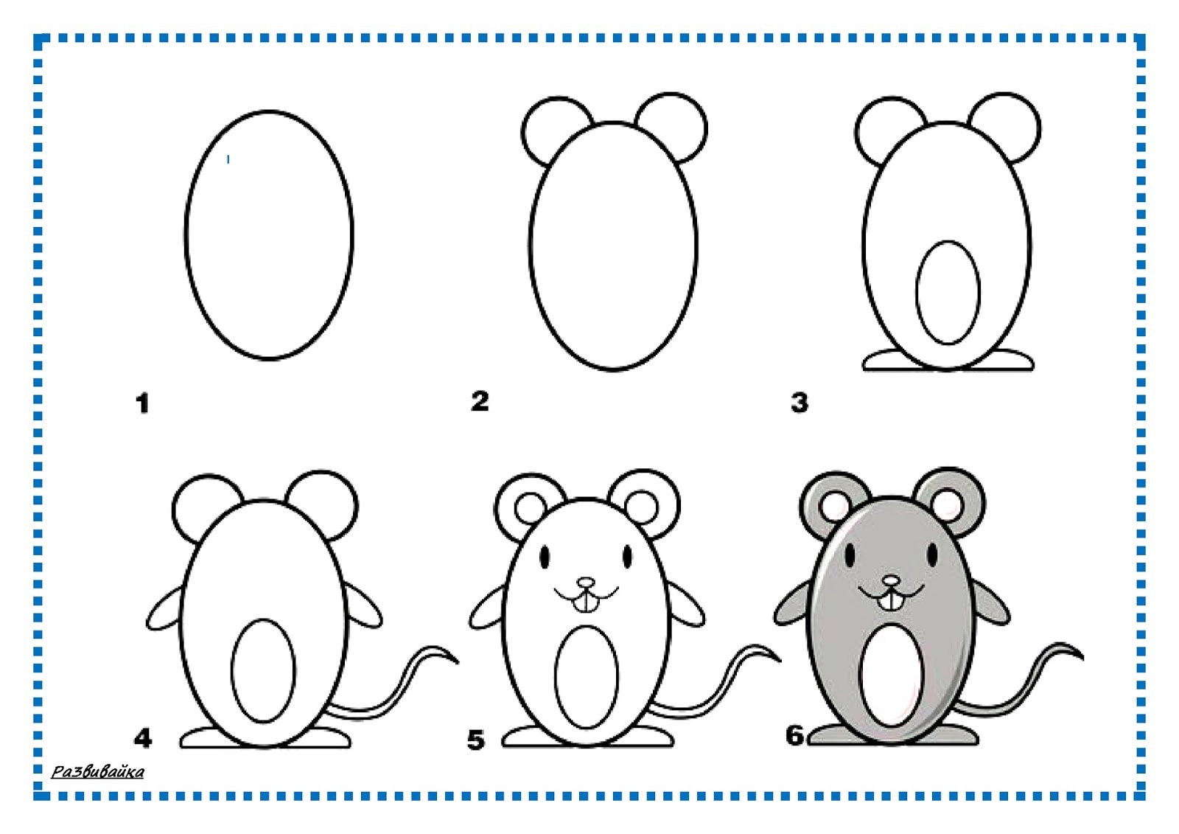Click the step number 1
coord(142,403)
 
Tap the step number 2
coord(480,401)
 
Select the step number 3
coord(799,403)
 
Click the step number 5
coord(475,740)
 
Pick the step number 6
coord(795,735)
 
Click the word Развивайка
coord(97,772)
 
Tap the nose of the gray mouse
coord(891,580)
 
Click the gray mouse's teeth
coord(891,602)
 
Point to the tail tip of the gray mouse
coord(1082,658)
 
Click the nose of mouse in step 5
coord(585,583)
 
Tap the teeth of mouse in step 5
coord(585,604)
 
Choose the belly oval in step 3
coord(948,293)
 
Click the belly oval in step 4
coord(263,671)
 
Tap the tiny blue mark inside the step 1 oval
coord(228,159)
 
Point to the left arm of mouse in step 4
coord(165,610)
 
